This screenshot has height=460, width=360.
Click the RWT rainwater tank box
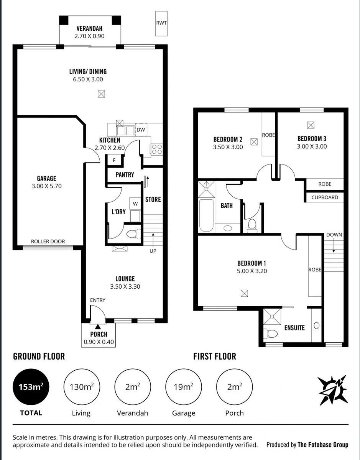click(161, 23)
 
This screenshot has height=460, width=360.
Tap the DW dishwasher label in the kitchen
click(141, 130)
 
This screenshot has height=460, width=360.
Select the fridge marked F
click(114, 160)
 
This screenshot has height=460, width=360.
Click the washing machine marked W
click(135, 204)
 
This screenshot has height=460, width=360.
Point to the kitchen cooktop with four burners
click(157, 149)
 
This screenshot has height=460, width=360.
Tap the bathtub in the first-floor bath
click(206, 215)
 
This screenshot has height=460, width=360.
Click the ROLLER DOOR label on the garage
click(48, 242)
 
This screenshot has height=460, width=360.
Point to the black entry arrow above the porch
click(97, 327)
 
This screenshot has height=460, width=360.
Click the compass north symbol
click(333, 390)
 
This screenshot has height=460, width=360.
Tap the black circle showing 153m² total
click(31, 387)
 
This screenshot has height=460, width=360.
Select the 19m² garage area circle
click(184, 387)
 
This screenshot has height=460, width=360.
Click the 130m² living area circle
click(82, 387)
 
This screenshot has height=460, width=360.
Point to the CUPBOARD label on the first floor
click(325, 197)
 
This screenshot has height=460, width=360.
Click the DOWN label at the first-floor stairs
click(334, 235)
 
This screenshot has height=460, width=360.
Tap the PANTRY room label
click(125, 175)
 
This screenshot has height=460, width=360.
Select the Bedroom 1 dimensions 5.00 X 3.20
click(252, 271)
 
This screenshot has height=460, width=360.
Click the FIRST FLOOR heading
click(215, 356)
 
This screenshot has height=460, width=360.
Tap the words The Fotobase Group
click(323, 445)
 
